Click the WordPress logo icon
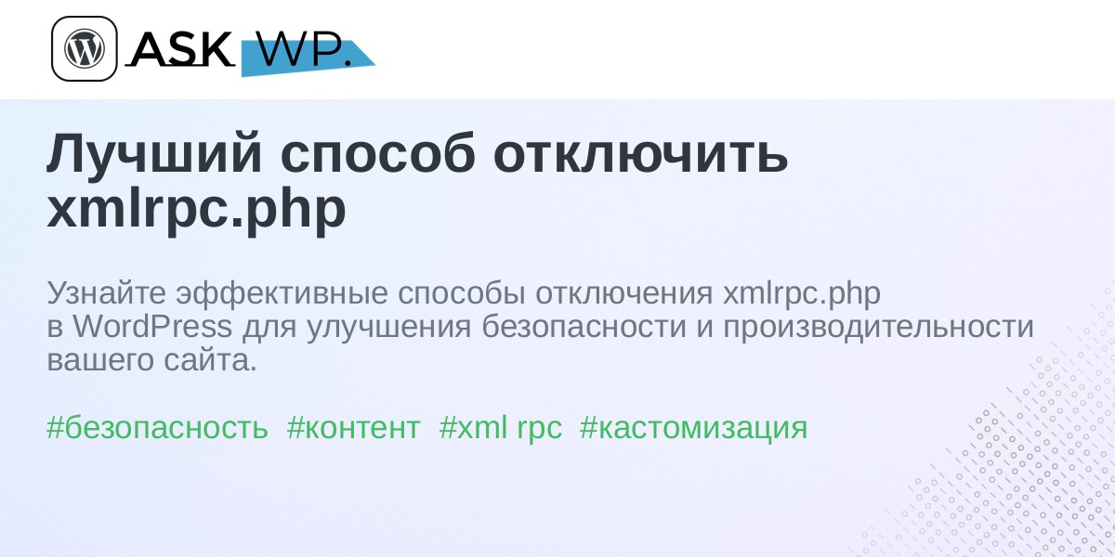tap(85, 48)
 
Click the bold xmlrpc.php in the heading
tap(197, 209)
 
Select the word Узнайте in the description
tap(107, 293)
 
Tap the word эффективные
tap(282, 293)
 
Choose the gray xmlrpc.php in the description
tap(801, 293)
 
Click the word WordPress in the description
tap(152, 327)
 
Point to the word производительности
tap(879, 328)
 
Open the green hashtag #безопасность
tap(157, 427)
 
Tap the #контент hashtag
tap(354, 428)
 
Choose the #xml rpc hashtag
tap(501, 428)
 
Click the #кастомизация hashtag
tap(693, 428)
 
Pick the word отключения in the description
tap(624, 294)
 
